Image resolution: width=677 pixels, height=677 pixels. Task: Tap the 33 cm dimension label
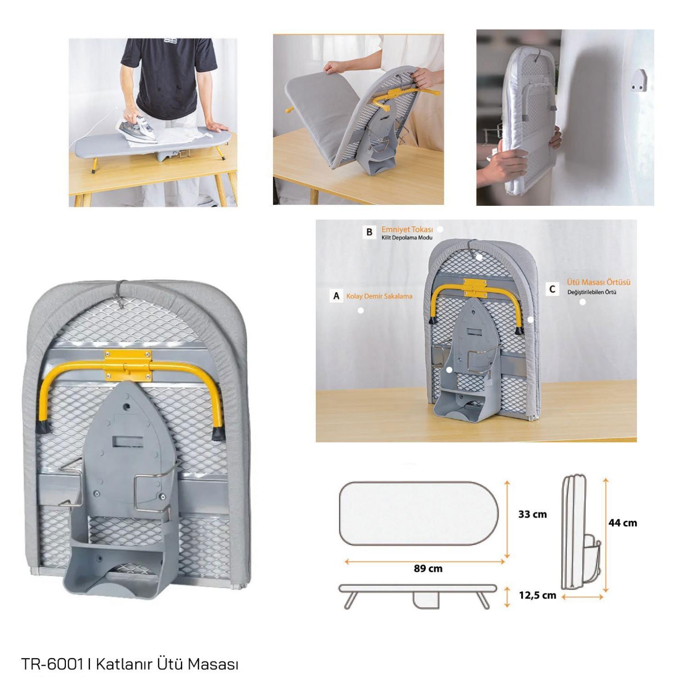[x=533, y=514]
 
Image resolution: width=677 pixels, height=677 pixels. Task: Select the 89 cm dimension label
[x=428, y=568]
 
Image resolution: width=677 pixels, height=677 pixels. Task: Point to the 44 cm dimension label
[x=622, y=523]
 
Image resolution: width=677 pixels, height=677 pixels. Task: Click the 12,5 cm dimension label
[x=538, y=595]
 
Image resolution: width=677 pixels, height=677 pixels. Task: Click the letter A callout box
[x=336, y=296]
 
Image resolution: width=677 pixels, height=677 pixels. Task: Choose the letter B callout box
[x=369, y=232]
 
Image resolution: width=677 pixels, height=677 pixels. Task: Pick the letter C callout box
[x=553, y=289]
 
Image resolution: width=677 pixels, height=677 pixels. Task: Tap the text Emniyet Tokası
[x=407, y=229]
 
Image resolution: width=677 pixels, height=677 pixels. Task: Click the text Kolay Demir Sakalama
[x=379, y=296]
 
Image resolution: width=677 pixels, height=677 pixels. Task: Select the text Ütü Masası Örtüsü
[x=598, y=282]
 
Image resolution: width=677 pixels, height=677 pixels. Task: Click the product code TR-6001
[x=52, y=664]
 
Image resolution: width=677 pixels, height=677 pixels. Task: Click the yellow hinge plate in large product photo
[x=127, y=365]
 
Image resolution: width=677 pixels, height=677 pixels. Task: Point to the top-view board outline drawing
[x=419, y=513]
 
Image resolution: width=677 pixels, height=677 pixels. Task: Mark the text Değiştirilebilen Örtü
[x=592, y=292]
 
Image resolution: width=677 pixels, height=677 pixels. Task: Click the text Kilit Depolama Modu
[x=407, y=238]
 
